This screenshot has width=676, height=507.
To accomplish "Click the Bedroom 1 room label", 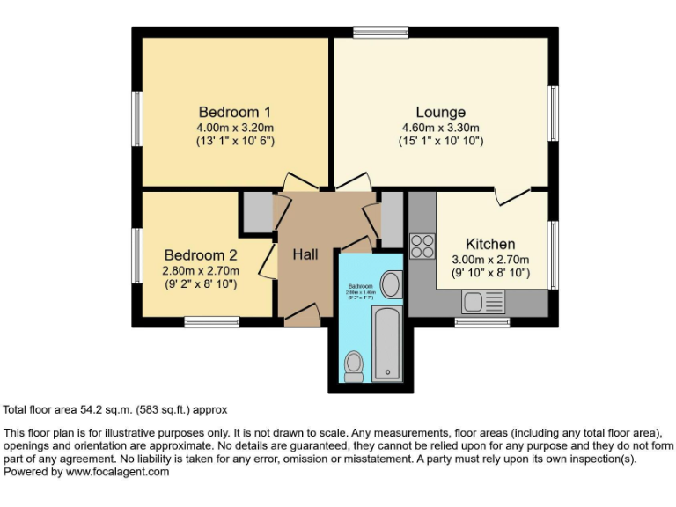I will [x=234, y=112].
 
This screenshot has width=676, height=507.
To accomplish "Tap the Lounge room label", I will [x=440, y=112].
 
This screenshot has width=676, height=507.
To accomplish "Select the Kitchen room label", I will [x=490, y=244].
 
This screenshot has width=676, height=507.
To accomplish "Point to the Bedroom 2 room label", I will [x=200, y=255].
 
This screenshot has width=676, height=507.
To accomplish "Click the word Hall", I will [x=305, y=254].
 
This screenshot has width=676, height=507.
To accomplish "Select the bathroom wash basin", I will [x=391, y=283].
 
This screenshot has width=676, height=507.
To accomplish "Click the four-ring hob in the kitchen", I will [x=422, y=245].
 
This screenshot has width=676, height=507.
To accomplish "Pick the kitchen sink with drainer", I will [x=483, y=302].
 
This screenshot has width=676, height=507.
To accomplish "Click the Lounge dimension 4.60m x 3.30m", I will [x=440, y=127].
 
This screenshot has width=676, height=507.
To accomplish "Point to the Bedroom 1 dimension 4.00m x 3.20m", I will [x=234, y=127].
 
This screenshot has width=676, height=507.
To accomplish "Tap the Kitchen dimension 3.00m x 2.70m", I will [x=490, y=259].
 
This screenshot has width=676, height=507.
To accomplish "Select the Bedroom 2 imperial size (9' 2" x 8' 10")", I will [x=200, y=284].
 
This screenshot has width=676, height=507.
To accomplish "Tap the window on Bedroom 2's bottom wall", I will [x=211, y=322].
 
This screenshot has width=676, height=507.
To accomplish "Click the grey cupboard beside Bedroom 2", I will [x=258, y=212].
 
